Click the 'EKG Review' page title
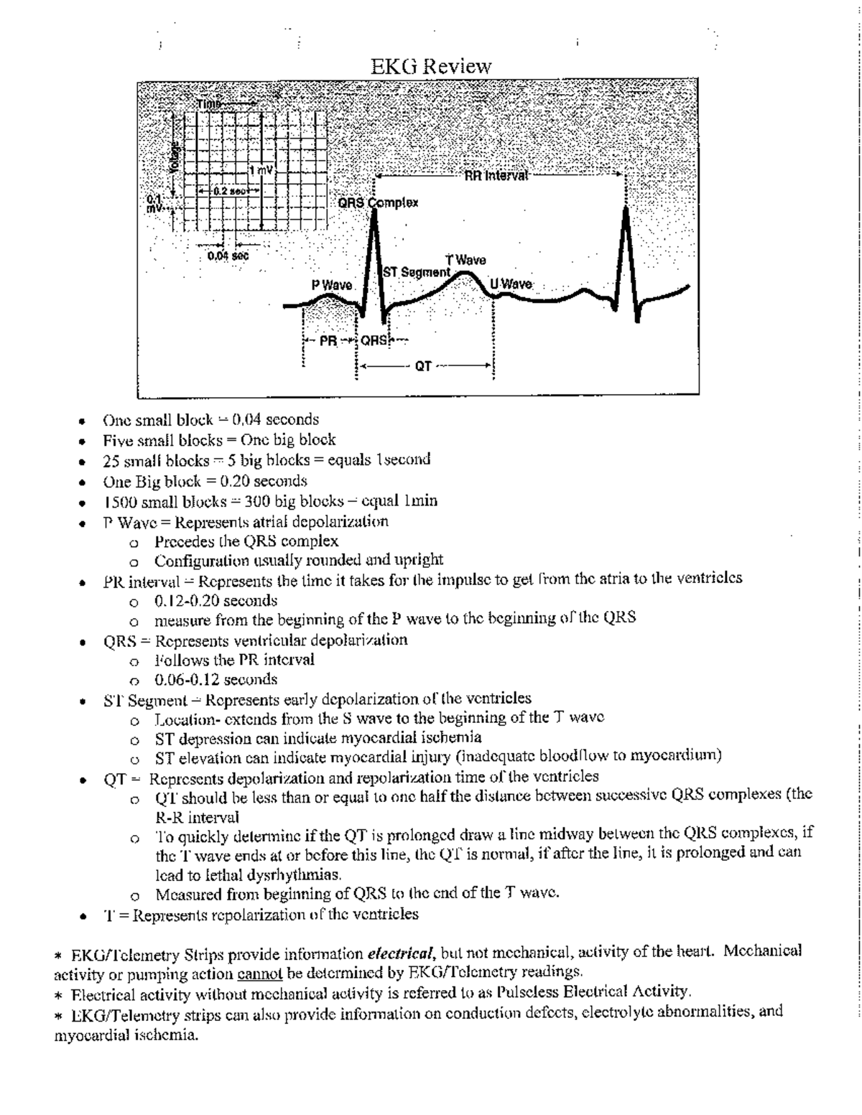(x=431, y=67)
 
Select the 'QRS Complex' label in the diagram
(x=378, y=203)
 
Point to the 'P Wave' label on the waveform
(x=332, y=285)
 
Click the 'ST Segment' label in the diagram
(x=416, y=273)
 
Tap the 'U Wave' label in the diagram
(x=511, y=284)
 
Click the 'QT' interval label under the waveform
(x=423, y=366)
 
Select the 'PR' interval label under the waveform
(x=328, y=341)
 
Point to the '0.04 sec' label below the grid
(x=228, y=255)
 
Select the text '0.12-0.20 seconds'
(x=216, y=600)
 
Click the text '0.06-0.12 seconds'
(x=216, y=679)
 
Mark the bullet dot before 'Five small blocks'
(x=84, y=441)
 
